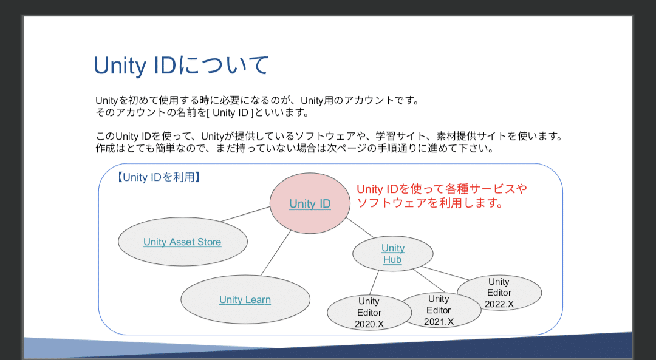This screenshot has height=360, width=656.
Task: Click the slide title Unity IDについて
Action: pyautogui.click(x=181, y=66)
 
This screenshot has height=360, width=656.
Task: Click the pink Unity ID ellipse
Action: pyautogui.click(x=310, y=204)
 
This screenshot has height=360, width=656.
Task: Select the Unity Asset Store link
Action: pyautogui.click(x=182, y=242)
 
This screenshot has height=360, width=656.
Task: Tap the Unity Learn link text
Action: pyautogui.click(x=245, y=299)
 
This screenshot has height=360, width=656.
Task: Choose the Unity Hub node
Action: pyautogui.click(x=392, y=254)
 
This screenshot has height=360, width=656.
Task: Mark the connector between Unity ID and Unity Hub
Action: pyautogui.click(x=361, y=228)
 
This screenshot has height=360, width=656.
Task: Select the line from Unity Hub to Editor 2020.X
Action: pyautogui.click(x=374, y=283)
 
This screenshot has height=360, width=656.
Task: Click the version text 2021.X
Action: pyautogui.click(x=439, y=322)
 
